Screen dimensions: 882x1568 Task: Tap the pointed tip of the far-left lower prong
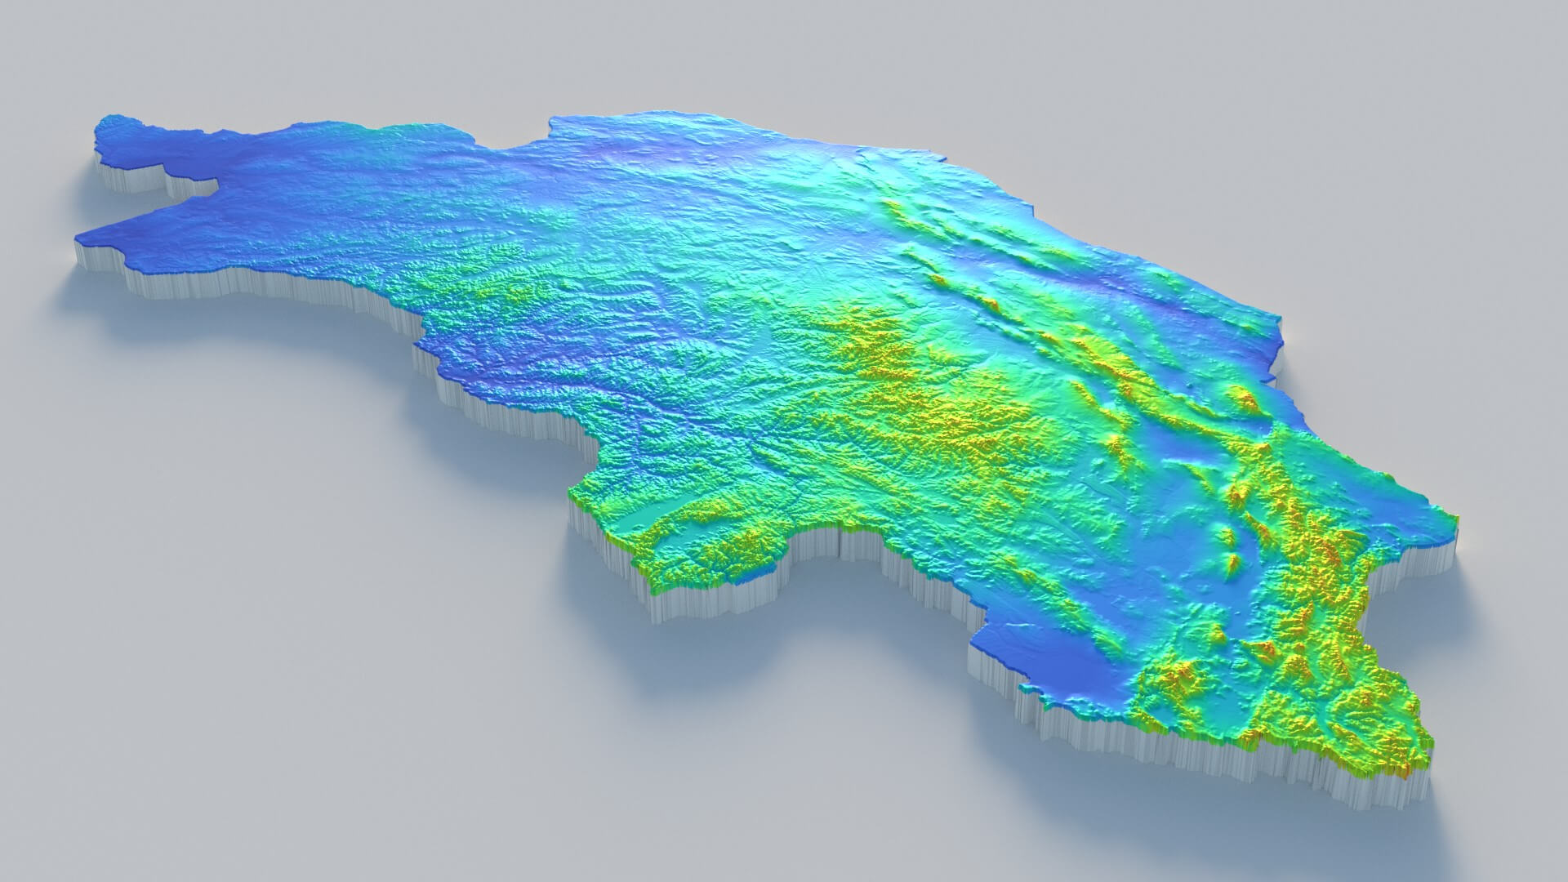pyautogui.click(x=79, y=238)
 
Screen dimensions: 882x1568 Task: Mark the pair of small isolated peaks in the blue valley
pyautogui.click(x=1229, y=547)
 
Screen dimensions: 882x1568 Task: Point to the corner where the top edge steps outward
pyautogui.click(x=552, y=122)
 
